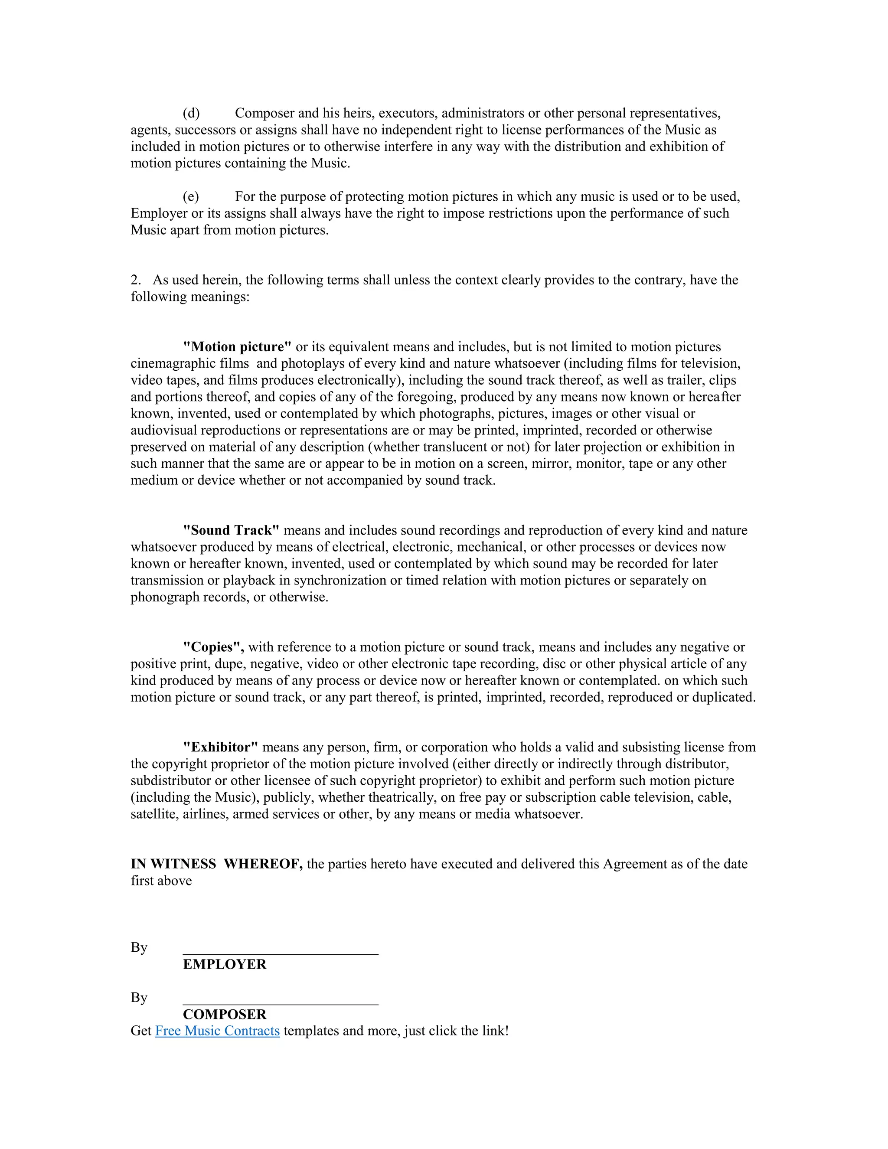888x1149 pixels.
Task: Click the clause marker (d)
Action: pyautogui.click(x=191, y=113)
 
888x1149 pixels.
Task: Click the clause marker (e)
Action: pyautogui.click(x=191, y=197)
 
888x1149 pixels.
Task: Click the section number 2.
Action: pyautogui.click(x=135, y=280)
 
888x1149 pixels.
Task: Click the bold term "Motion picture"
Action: pyautogui.click(x=237, y=347)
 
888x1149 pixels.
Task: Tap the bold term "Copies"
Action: pyautogui.click(x=212, y=647)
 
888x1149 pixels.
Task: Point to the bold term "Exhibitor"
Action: pyautogui.click(x=220, y=747)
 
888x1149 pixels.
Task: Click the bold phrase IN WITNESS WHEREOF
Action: pyautogui.click(x=216, y=864)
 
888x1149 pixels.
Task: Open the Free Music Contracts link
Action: pyautogui.click(x=217, y=1031)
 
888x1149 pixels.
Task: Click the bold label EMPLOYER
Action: pyautogui.click(x=225, y=964)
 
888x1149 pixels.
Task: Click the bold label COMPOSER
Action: pyautogui.click(x=225, y=1014)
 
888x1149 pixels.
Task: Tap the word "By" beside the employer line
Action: pyautogui.click(x=139, y=947)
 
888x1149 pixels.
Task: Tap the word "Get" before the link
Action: pyautogui.click(x=141, y=1031)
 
